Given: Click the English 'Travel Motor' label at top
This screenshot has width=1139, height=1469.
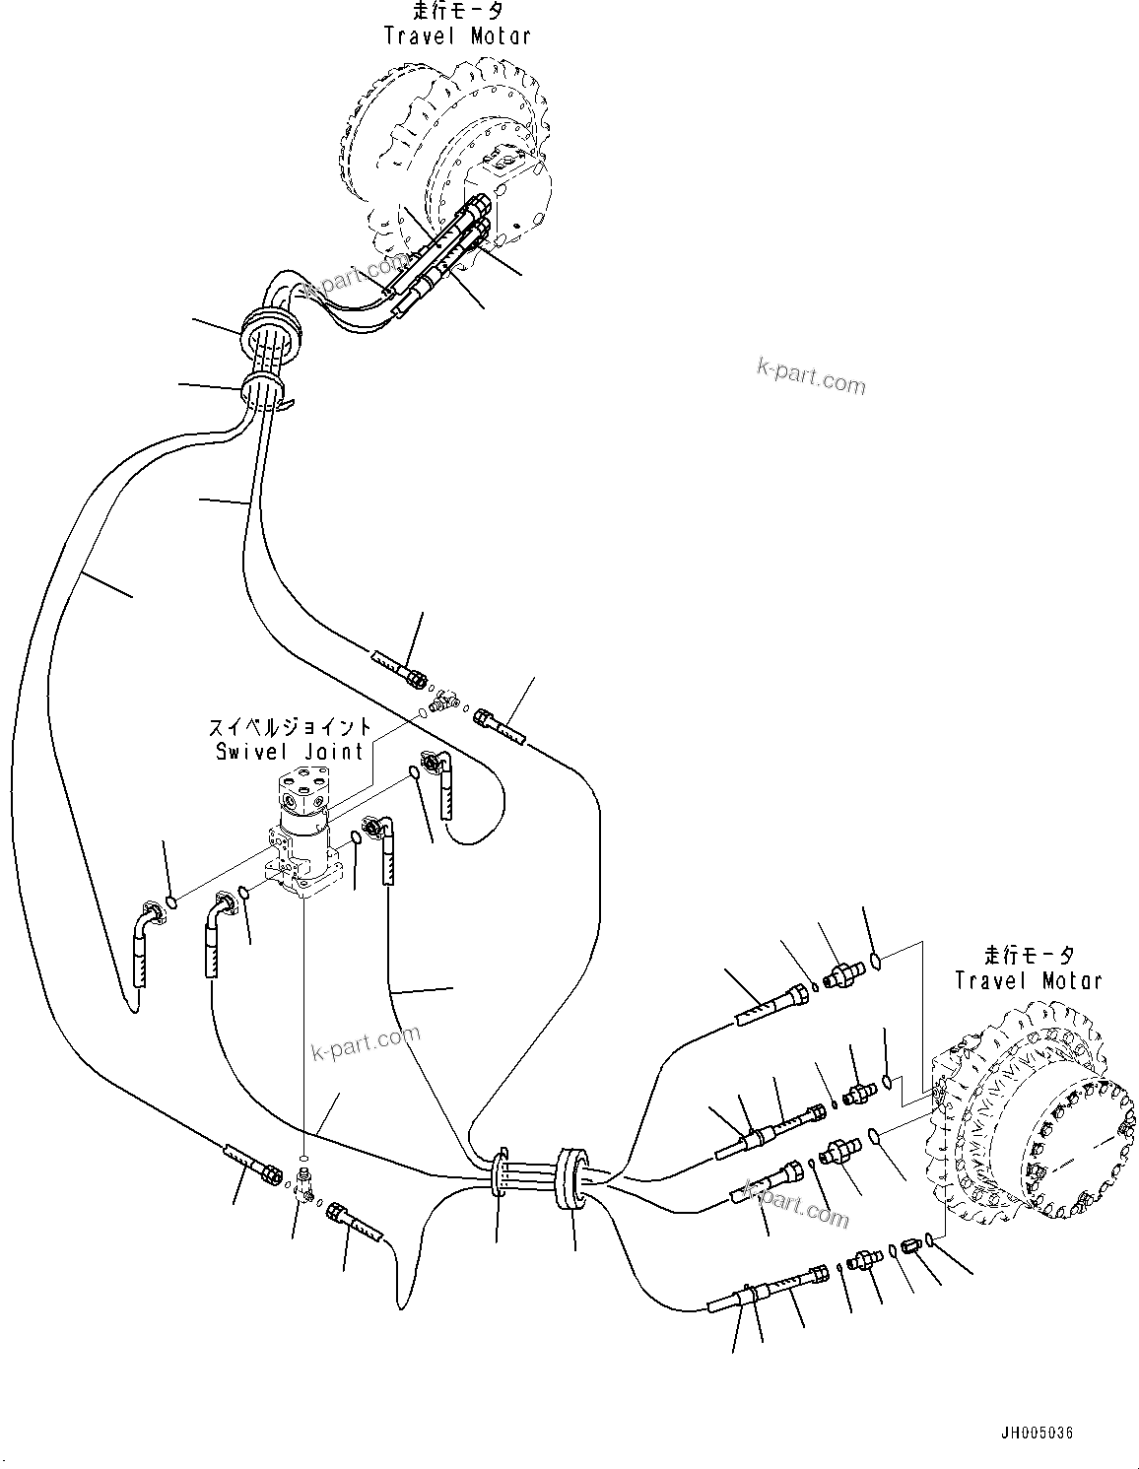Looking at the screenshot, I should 457,36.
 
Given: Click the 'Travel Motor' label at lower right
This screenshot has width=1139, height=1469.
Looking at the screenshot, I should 1029,980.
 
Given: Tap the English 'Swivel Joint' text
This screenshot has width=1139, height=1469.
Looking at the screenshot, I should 290,751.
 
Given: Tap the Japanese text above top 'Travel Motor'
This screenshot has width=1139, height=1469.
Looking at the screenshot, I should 458,12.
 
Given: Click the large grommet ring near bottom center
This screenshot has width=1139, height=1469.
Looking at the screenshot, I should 571,1177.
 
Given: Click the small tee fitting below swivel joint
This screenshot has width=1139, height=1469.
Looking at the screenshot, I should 305,1182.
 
